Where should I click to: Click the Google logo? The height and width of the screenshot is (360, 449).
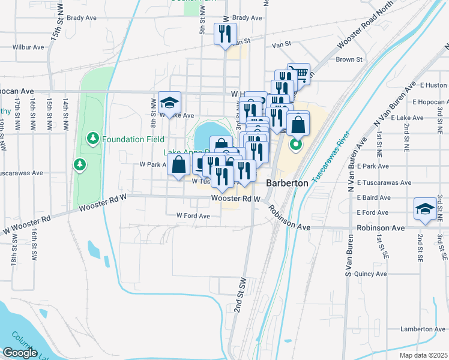click(x=20, y=353)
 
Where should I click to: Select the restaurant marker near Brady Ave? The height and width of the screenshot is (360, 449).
click(x=226, y=34)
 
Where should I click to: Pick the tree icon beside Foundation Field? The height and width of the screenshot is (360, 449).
click(x=92, y=139)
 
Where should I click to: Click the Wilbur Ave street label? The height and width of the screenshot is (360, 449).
click(x=29, y=47)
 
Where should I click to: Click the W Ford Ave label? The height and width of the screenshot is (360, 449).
click(x=193, y=215)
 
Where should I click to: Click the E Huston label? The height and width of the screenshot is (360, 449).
click(x=433, y=85)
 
